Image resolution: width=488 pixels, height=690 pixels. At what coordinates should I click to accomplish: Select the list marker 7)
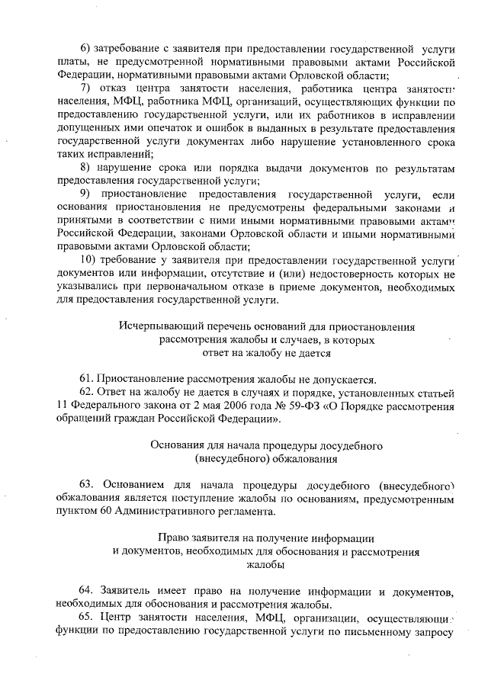click(86, 88)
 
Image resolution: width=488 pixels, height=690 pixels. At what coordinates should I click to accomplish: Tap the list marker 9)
click(86, 194)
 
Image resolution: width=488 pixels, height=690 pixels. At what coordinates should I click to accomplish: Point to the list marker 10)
click(88, 260)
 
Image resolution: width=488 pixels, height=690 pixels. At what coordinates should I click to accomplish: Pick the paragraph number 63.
click(86, 485)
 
